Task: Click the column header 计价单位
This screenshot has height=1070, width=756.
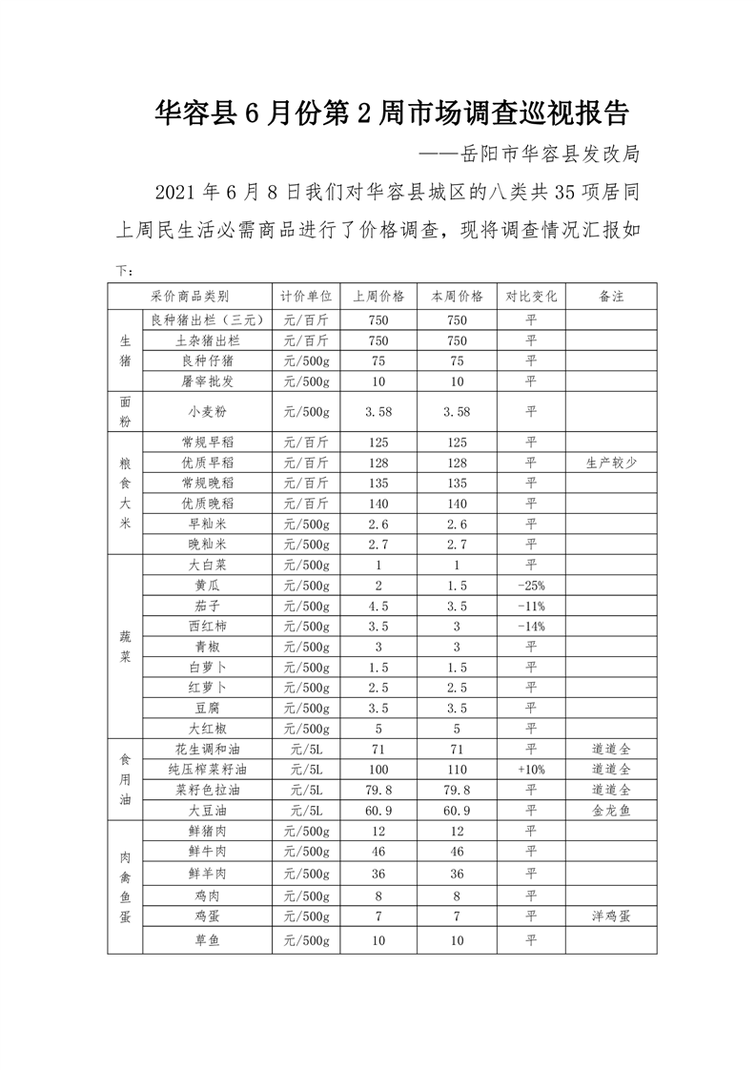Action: tap(306, 296)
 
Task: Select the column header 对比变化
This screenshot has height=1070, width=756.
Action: tap(531, 296)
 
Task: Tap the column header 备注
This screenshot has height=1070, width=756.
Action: tap(611, 296)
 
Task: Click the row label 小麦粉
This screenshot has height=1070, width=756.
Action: tap(207, 412)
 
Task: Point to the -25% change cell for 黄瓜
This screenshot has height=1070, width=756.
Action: tap(531, 585)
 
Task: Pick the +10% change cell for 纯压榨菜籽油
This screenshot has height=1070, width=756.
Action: tap(531, 769)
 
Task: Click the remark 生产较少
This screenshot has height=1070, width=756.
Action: tap(611, 463)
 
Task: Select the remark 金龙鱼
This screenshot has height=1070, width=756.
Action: tap(611, 810)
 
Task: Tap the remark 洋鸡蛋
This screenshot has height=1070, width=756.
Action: tap(611, 916)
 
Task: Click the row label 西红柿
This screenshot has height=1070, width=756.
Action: tap(207, 626)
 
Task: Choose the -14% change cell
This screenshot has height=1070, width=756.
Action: tap(531, 626)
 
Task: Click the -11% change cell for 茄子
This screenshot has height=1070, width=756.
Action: tap(531, 606)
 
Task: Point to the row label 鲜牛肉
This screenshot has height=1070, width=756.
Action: tap(207, 851)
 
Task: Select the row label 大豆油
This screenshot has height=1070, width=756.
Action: tap(207, 810)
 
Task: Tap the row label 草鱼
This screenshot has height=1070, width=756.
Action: tap(207, 940)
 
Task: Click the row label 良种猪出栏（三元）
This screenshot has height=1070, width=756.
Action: tap(207, 319)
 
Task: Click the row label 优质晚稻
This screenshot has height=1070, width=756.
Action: tap(207, 504)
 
